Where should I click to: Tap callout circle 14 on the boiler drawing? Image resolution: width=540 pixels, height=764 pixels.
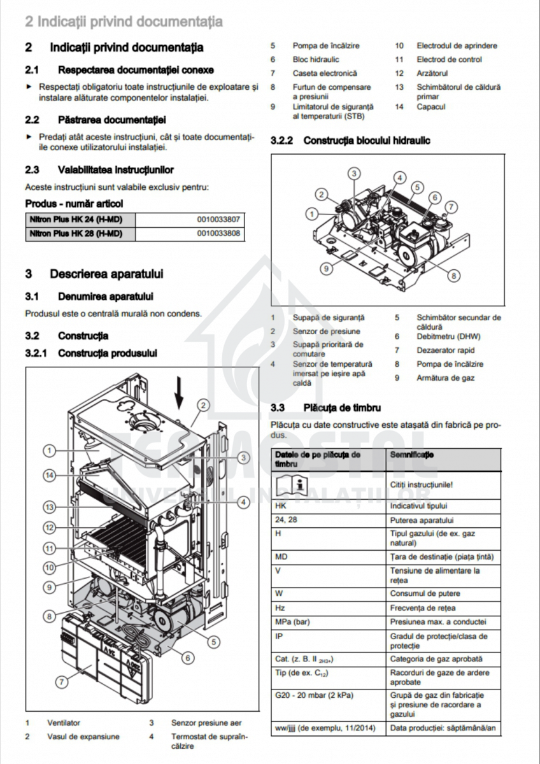coord(50,474)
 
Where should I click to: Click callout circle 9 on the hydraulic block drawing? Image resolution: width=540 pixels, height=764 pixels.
coord(326,269)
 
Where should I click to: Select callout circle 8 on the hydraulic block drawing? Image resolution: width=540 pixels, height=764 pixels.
coord(453,276)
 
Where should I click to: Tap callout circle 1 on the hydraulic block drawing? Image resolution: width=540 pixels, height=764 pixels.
coord(311,213)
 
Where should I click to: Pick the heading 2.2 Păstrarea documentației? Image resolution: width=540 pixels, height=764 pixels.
coord(96,119)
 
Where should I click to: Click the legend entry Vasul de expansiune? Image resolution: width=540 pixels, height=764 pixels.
coord(83,737)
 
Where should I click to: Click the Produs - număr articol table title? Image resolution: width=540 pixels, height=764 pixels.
coord(73,204)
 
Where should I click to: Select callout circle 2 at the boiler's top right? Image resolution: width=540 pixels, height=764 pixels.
coord(202,405)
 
